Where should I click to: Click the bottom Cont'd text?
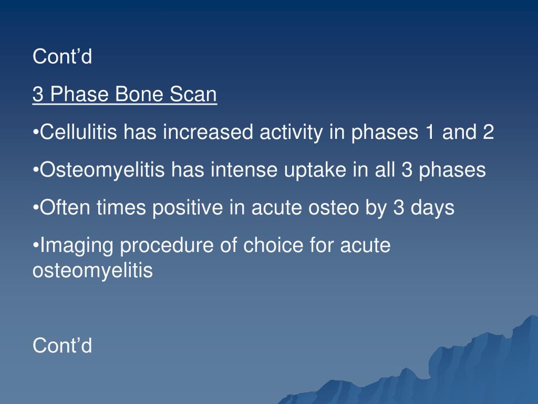(63, 345)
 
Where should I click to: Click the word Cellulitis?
(79, 132)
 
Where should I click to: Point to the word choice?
(273, 245)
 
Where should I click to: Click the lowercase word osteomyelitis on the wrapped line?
(92, 271)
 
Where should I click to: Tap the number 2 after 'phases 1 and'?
(488, 132)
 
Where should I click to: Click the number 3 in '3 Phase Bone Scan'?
(38, 94)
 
